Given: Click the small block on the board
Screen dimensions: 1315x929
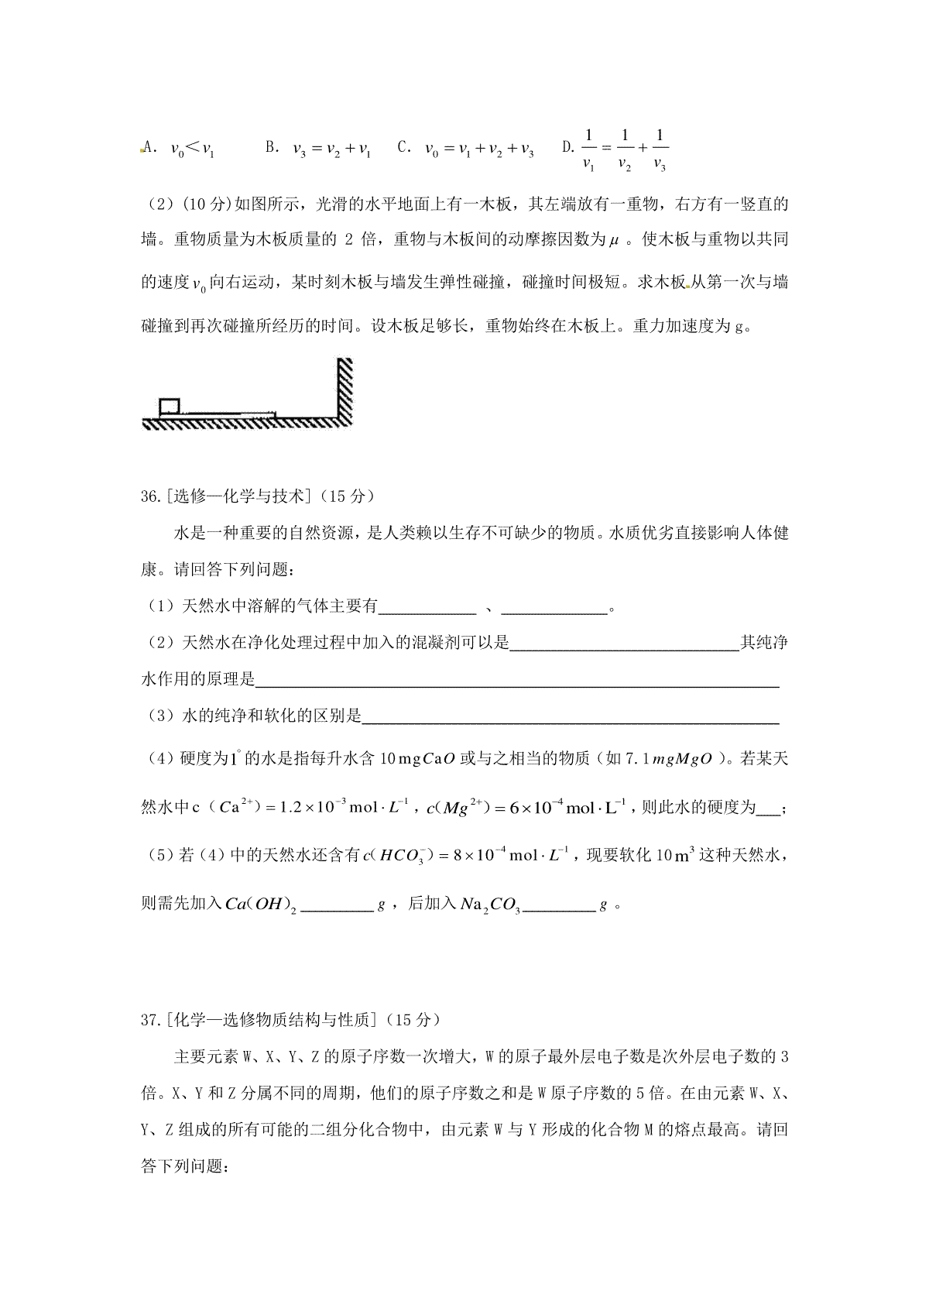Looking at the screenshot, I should pyautogui.click(x=169, y=406).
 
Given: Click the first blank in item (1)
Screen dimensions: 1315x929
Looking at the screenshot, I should pyautogui.click(x=426, y=607).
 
